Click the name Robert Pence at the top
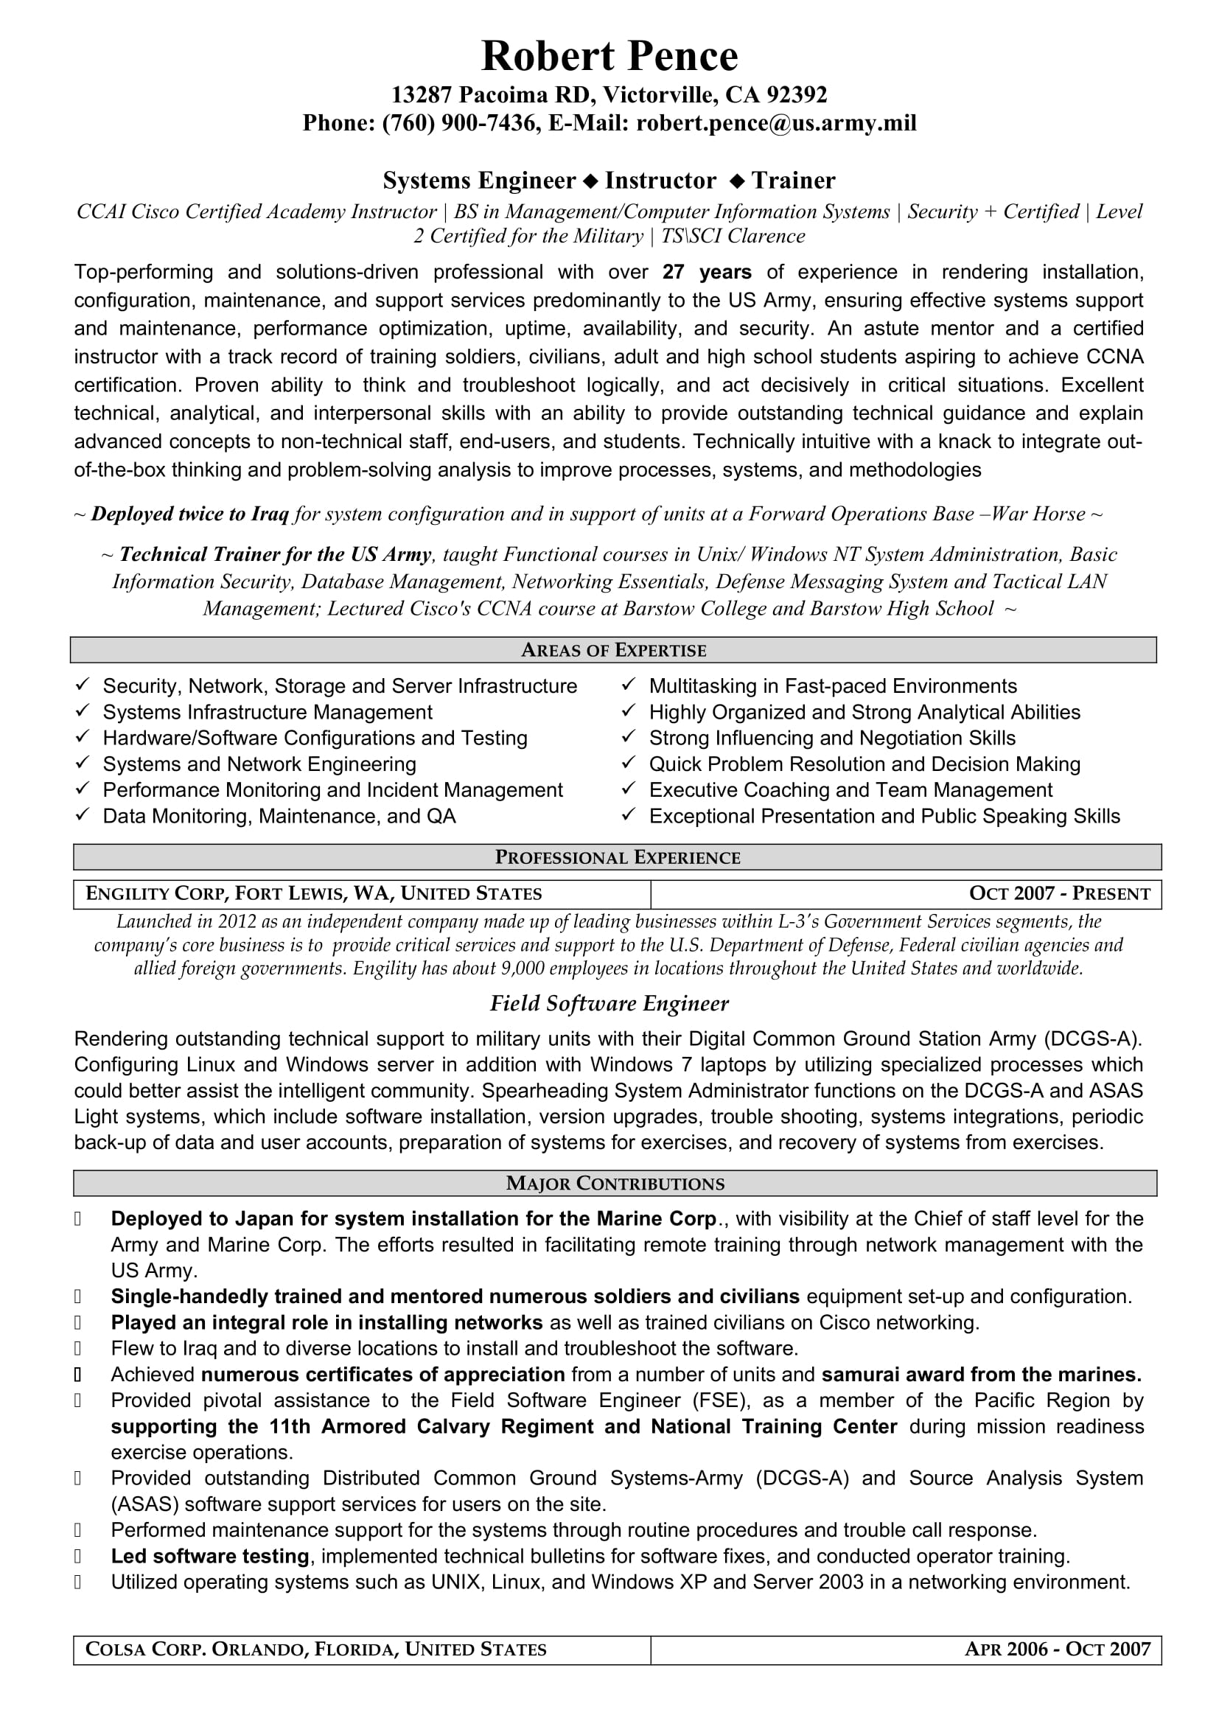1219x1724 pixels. pyautogui.click(x=609, y=56)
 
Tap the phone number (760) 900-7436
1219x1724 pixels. pyautogui.click(x=460, y=123)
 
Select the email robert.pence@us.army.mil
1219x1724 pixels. pyautogui.click(x=776, y=123)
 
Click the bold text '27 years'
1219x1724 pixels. pyautogui.click(x=706, y=272)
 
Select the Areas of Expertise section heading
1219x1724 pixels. pyautogui.click(x=613, y=650)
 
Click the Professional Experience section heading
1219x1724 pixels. pyautogui.click(x=617, y=857)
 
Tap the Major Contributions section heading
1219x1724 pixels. pyautogui.click(x=615, y=1184)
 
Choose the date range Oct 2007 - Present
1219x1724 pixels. pyautogui.click(x=1059, y=893)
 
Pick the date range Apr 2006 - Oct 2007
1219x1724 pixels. pyautogui.click(x=1057, y=1650)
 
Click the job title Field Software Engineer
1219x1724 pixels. pyautogui.click(x=609, y=1004)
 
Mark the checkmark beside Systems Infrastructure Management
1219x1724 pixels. pyautogui.click(x=83, y=711)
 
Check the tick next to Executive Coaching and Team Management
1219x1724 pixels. pyautogui.click(x=629, y=789)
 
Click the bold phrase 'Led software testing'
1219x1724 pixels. pyautogui.click(x=209, y=1557)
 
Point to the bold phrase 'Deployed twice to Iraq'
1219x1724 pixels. pyautogui.click(x=190, y=514)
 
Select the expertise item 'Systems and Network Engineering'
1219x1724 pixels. pyautogui.click(x=259, y=764)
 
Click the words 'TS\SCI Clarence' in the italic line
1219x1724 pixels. pyautogui.click(x=733, y=237)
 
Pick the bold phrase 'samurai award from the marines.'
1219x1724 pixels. pyautogui.click(x=981, y=1375)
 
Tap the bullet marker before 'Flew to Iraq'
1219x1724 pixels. pyautogui.click(x=78, y=1349)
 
